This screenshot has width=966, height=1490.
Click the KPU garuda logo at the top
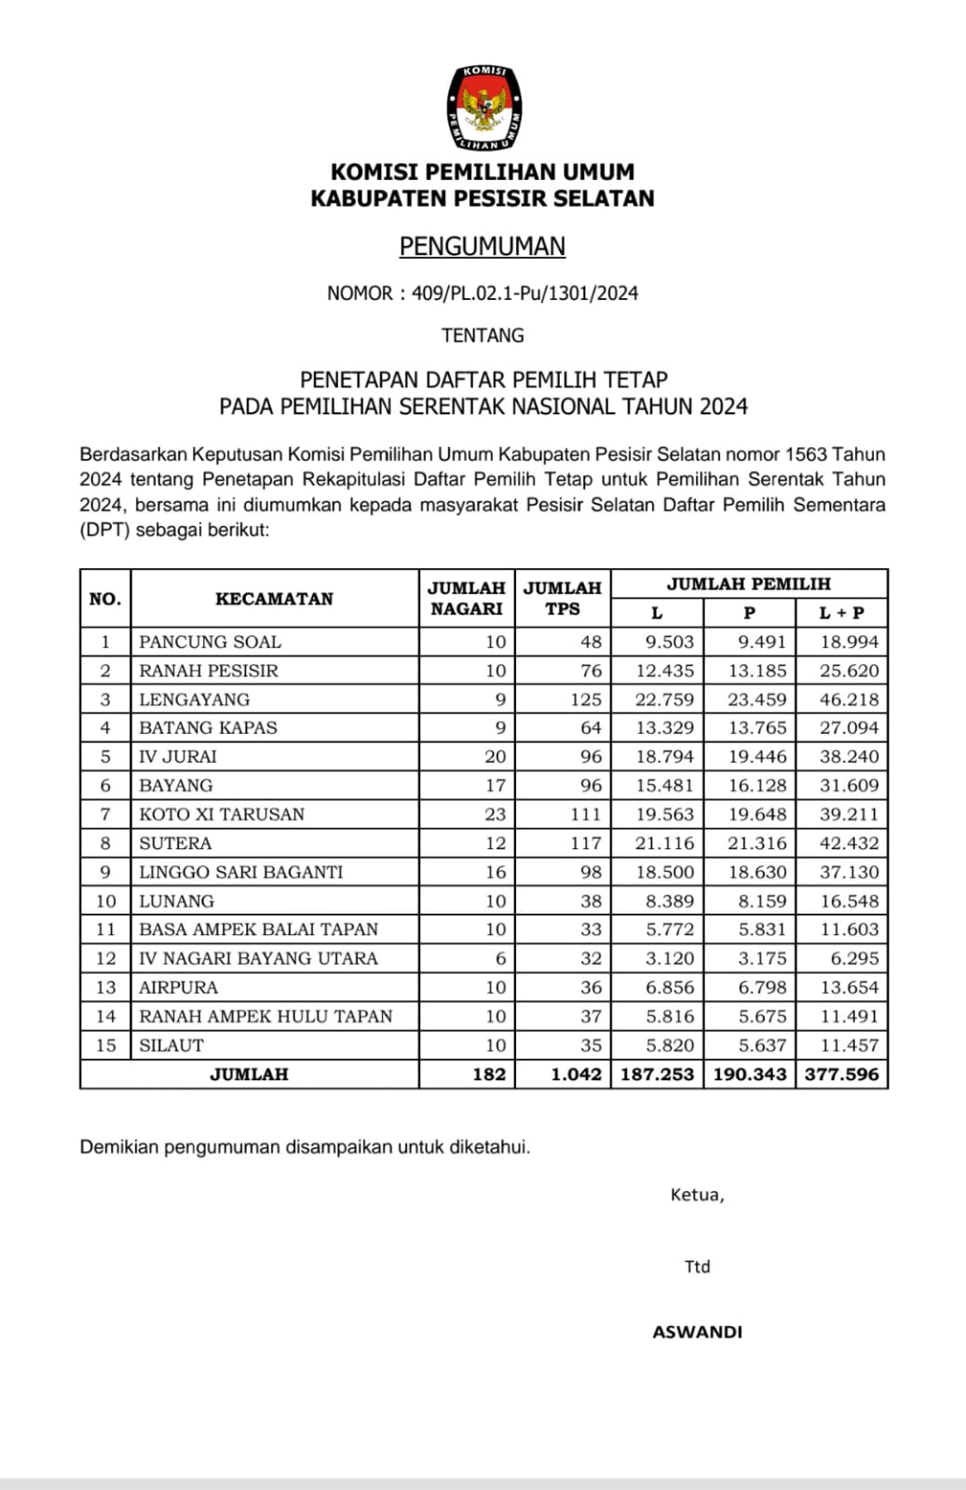tap(483, 107)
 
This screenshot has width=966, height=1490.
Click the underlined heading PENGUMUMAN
tap(483, 246)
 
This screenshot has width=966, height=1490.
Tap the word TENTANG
tap(483, 335)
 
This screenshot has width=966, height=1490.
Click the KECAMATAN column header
tap(274, 599)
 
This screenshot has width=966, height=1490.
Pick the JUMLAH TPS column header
tap(562, 598)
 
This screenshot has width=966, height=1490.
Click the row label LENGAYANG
tap(195, 699)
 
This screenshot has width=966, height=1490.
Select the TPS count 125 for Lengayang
tap(586, 699)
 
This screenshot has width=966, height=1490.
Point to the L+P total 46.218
tap(849, 699)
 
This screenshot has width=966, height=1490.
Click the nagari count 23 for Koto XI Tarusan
tap(495, 814)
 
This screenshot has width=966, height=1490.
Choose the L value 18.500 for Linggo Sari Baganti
tap(665, 872)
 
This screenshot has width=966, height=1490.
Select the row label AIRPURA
tap(178, 987)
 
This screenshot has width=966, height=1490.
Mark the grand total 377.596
tap(842, 1074)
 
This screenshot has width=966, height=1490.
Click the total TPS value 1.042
tap(576, 1074)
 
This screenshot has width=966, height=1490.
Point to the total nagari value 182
tap(489, 1074)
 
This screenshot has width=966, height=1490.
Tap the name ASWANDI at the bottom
tap(697, 1332)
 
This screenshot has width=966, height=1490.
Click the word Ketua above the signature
tap(696, 1195)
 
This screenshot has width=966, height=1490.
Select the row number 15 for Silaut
tap(106, 1045)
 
